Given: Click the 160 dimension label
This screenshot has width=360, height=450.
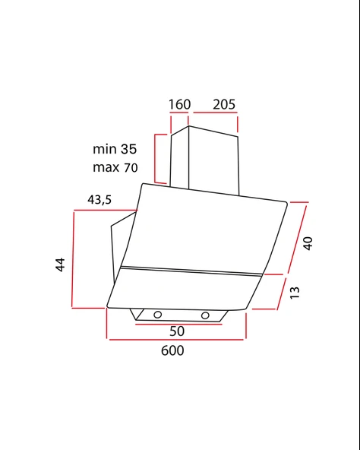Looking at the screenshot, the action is pyautogui.click(x=179, y=104).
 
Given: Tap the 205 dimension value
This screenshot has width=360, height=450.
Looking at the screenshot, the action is pyautogui.click(x=224, y=104).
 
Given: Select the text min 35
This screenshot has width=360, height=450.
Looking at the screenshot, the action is pyautogui.click(x=115, y=149).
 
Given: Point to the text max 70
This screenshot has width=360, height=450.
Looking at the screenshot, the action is pyautogui.click(x=115, y=167).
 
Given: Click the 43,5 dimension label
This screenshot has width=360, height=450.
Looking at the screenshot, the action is pyautogui.click(x=99, y=199).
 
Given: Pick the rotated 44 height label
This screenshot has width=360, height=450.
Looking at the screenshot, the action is pyautogui.click(x=60, y=265).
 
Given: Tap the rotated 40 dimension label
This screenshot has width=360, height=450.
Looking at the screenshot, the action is pyautogui.click(x=308, y=243).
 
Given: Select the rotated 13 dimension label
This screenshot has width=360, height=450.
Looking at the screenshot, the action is pyautogui.click(x=295, y=293).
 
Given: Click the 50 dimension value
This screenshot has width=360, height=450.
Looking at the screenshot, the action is pyautogui.click(x=177, y=331).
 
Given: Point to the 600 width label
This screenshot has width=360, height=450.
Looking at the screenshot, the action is pyautogui.click(x=172, y=350).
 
